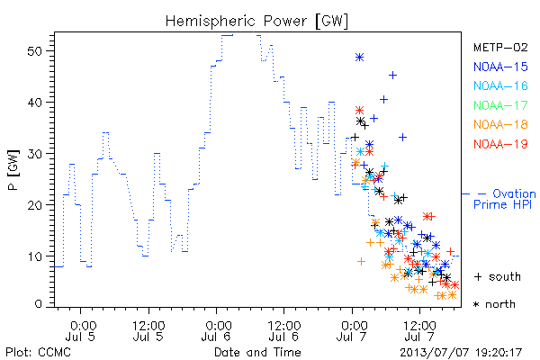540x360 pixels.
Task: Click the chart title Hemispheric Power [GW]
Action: pyautogui.click(x=256, y=22)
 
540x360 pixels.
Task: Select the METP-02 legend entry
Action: pyautogui.click(x=500, y=47)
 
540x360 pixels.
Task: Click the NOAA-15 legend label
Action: pyautogui.click(x=500, y=67)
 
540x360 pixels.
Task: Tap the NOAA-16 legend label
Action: pyautogui.click(x=500, y=85)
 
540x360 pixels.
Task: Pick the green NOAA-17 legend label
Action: pyautogui.click(x=500, y=105)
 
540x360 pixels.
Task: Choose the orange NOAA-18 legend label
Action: pyautogui.click(x=500, y=124)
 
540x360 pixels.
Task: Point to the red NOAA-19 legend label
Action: pyautogui.click(x=500, y=144)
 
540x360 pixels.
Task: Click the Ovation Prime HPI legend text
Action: pyautogui.click(x=505, y=199)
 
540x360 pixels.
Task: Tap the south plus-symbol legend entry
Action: pyautogui.click(x=498, y=276)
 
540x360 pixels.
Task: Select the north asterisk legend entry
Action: pyautogui.click(x=494, y=304)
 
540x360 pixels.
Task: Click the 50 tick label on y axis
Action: pyautogui.click(x=34, y=51)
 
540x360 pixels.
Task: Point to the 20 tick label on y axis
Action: pyautogui.click(x=34, y=205)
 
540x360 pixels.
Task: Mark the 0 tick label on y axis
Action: pyautogui.click(x=38, y=304)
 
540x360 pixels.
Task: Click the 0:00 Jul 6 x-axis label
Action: pyautogui.click(x=216, y=331)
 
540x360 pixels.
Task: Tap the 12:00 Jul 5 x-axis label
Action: pyautogui.click(x=148, y=331)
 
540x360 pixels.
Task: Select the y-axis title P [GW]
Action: pyautogui.click(x=13, y=169)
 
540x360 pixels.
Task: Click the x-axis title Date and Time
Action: pyautogui.click(x=257, y=352)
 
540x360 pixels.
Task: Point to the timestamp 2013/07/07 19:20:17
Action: pyautogui.click(x=461, y=353)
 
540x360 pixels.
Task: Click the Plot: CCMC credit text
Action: pyautogui.click(x=38, y=353)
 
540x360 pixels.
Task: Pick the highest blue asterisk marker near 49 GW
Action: pyautogui.click(x=359, y=58)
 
